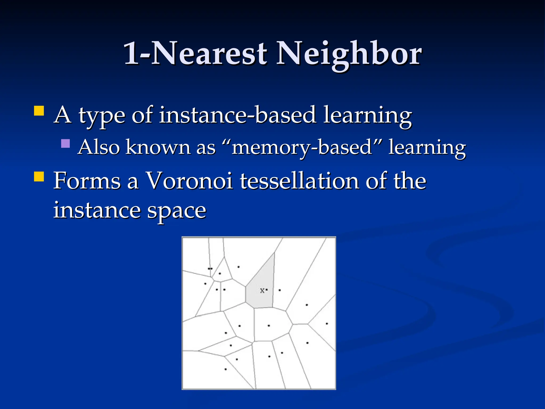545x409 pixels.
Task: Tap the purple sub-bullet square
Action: [65, 144]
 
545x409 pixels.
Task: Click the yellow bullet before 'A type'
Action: [39, 111]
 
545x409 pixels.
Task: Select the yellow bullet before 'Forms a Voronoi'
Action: [39, 177]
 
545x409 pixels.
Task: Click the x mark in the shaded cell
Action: [262, 291]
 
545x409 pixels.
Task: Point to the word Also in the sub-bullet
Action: [99, 147]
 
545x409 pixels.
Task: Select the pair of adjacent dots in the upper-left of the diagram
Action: [210, 269]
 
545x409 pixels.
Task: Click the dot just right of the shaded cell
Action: [279, 290]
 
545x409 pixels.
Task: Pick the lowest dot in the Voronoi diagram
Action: [225, 369]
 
